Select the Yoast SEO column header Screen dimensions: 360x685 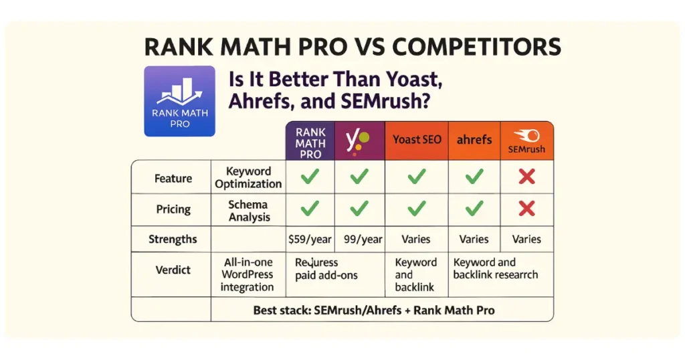pyautogui.click(x=416, y=140)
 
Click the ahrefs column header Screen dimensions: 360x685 pyautogui.click(x=474, y=140)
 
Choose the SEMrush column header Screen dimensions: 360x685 pyautogui.click(x=526, y=143)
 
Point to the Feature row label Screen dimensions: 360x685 pyautogui.click(x=173, y=179)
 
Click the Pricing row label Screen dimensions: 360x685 pyautogui.click(x=173, y=210)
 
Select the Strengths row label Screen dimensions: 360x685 pyautogui.click(x=173, y=239)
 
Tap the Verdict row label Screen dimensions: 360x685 pyautogui.click(x=173, y=270)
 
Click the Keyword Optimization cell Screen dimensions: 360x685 pyautogui.click(x=248, y=178)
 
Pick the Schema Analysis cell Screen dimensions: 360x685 pyautogui.click(x=248, y=210)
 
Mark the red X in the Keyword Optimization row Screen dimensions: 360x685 pyautogui.click(x=526, y=177)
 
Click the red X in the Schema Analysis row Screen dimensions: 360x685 pyautogui.click(x=526, y=209)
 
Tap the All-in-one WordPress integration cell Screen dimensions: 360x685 pyautogui.click(x=248, y=275)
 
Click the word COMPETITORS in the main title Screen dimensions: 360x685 pyautogui.click(x=476, y=48)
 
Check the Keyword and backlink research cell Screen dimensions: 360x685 pyautogui.click(x=495, y=268)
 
